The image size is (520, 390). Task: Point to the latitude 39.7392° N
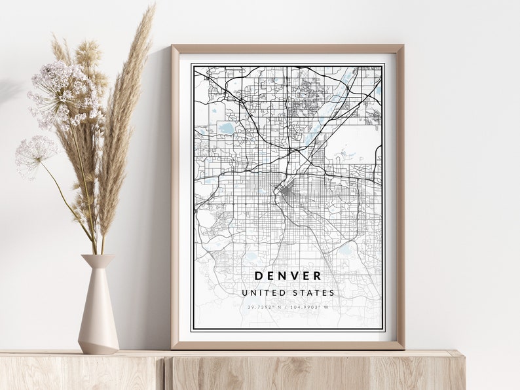264,307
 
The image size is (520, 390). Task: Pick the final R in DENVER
318,276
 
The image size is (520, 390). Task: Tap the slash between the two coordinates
287,307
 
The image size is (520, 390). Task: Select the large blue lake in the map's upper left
227,129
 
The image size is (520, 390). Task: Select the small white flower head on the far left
35,154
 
